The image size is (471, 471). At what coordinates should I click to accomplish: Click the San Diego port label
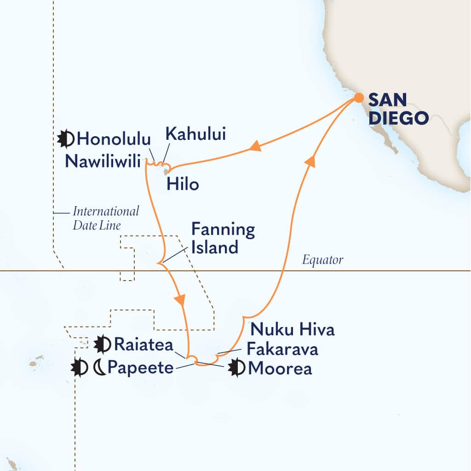(398, 108)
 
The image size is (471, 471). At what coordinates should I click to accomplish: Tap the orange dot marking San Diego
(358, 98)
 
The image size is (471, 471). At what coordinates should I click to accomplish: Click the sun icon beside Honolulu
(66, 138)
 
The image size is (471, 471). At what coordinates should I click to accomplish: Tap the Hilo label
(184, 184)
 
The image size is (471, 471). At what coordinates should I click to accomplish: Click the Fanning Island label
(223, 238)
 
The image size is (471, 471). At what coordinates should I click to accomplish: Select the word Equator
(323, 260)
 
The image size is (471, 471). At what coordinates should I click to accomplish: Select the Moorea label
(279, 368)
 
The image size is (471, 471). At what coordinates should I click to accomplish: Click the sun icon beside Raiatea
(102, 344)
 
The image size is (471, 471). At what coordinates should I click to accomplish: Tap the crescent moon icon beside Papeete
(99, 368)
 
